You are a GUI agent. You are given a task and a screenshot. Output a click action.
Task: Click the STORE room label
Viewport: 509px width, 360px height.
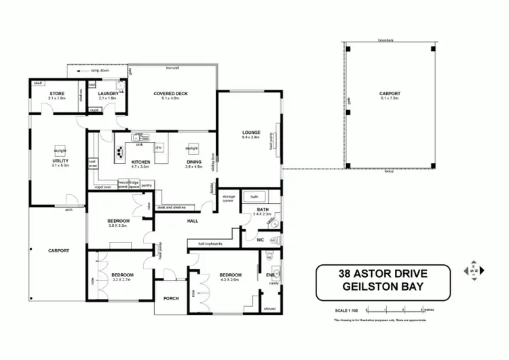(56, 94)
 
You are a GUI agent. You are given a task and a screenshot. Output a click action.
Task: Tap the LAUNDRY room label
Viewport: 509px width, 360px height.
(108, 94)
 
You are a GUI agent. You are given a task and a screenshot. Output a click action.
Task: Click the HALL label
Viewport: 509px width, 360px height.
(192, 221)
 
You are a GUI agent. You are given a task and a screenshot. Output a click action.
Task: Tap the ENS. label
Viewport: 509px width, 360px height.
(270, 275)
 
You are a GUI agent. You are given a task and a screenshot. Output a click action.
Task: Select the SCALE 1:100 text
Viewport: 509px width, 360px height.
(347, 302)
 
